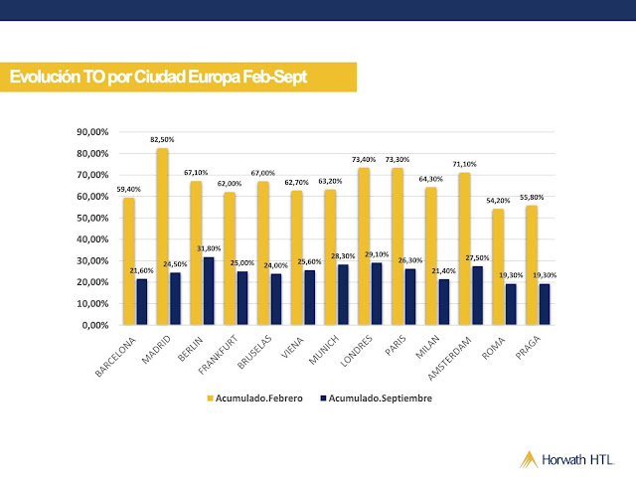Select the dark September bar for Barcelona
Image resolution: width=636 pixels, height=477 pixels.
(x=141, y=302)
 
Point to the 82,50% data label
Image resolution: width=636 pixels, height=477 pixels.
(x=162, y=140)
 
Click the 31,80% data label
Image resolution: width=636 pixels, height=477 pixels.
(x=209, y=248)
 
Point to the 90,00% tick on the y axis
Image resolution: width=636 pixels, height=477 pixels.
(x=95, y=132)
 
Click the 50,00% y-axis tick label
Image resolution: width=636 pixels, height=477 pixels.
(x=95, y=218)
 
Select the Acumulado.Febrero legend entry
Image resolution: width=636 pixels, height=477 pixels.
(x=252, y=397)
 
